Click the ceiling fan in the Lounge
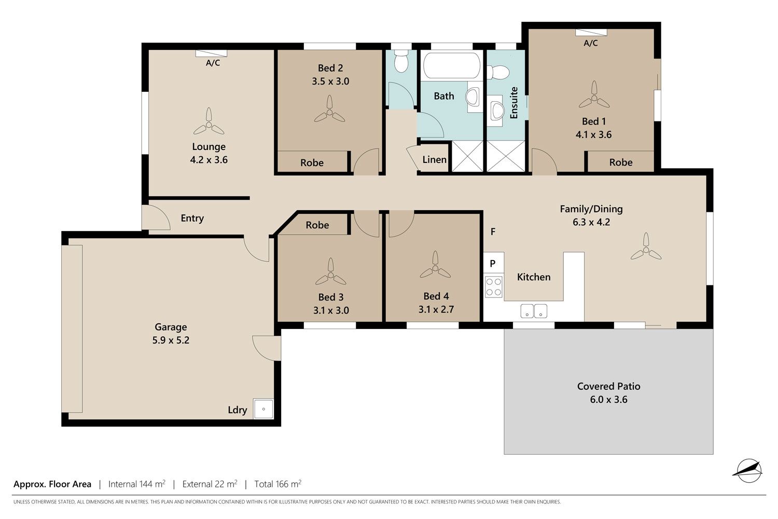(209, 122)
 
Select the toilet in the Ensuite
(498, 72)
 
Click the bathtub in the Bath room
(452, 65)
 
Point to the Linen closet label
(435, 159)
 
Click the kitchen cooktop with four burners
(494, 287)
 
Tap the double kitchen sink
(534, 311)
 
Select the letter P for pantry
(493, 264)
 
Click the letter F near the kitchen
(493, 231)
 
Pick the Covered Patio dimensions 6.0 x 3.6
(608, 400)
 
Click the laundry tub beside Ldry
(263, 409)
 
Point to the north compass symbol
(749, 470)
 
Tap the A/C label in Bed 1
(590, 43)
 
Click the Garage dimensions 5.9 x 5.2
(171, 340)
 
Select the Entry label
(192, 218)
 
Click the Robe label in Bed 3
(317, 225)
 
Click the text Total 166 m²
(278, 484)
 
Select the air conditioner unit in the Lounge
(211, 53)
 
